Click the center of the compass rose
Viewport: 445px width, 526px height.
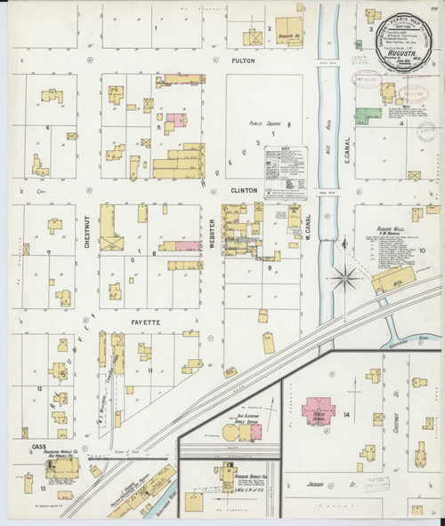(344, 277)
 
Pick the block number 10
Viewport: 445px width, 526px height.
(423, 251)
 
